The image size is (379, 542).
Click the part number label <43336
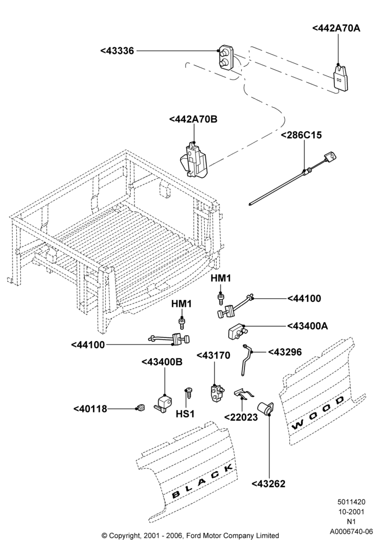pos(117,51)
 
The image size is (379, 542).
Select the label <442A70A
pos(336,28)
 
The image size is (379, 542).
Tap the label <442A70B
pos(193,119)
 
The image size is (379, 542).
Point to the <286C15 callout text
pos(301,135)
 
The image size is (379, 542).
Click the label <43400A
pos(308,326)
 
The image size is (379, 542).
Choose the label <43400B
pos(162,362)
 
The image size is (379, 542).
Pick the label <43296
pos(285,352)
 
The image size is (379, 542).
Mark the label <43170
pos(213,355)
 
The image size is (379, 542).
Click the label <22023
pos(241,417)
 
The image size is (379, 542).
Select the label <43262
pos(268,484)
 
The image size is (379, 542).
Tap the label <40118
pos(90,409)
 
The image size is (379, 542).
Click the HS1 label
pos(185,414)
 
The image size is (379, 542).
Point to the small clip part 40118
pos(140,408)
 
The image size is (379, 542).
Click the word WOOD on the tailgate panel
pos(318,413)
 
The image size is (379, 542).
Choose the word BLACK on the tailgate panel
pos(202,481)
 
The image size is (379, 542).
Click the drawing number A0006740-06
pos(351,531)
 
